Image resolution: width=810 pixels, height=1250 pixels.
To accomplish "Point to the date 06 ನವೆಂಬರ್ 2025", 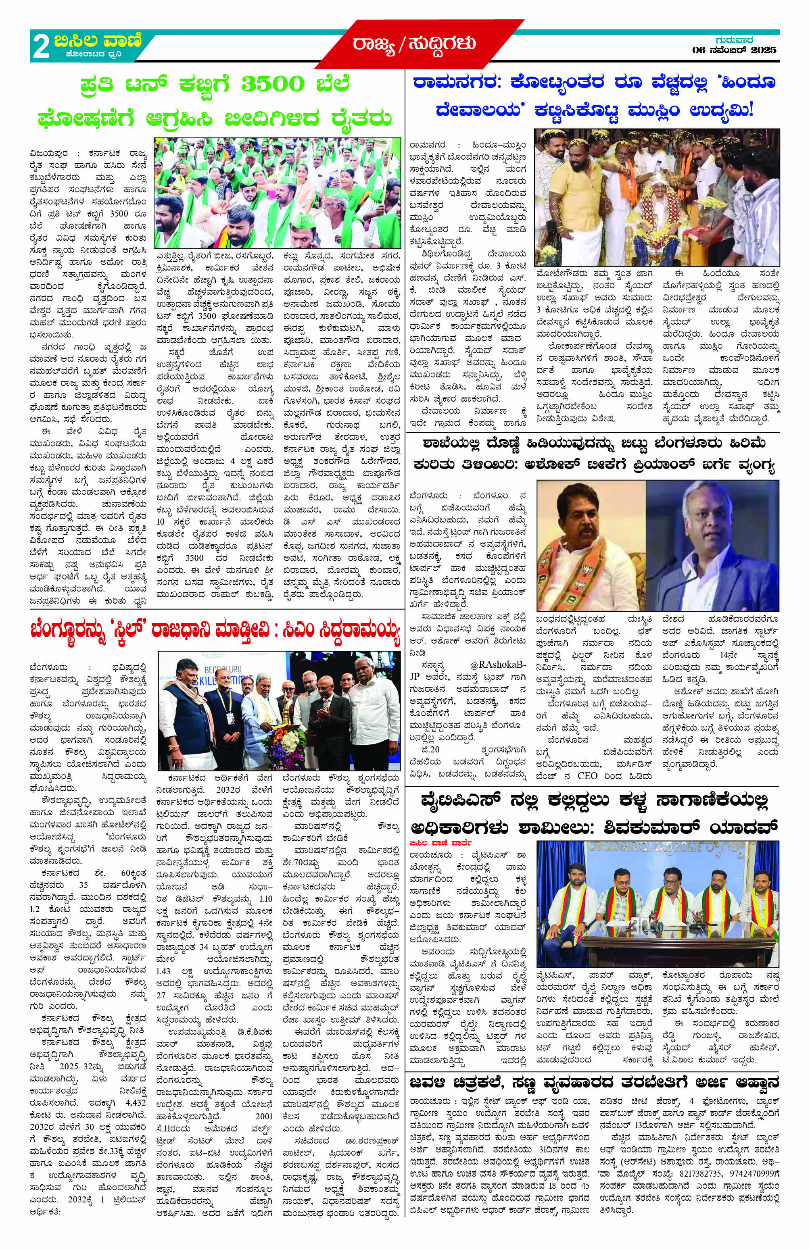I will (734, 50).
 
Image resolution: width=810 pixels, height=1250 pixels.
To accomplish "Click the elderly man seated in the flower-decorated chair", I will (659, 215).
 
